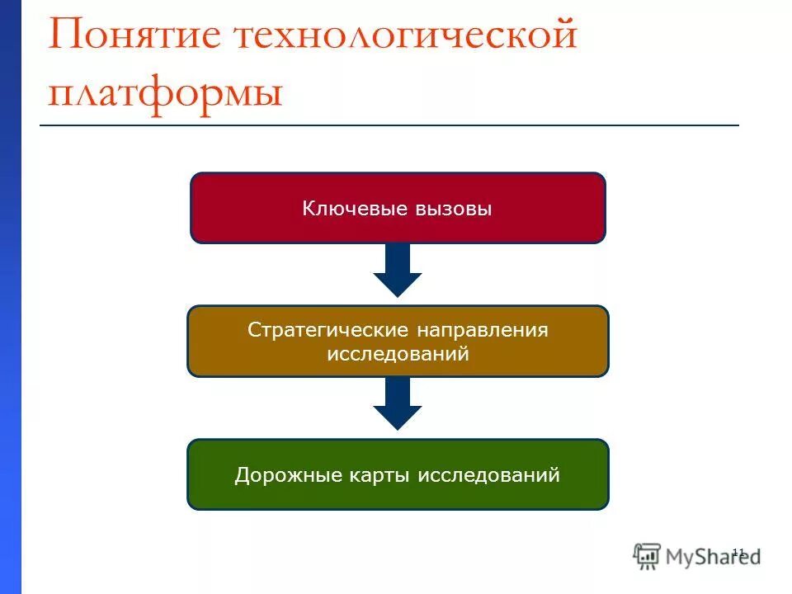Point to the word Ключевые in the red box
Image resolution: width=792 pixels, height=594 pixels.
click(346, 209)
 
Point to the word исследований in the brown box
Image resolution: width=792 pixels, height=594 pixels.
click(398, 354)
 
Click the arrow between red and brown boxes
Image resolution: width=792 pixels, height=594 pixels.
click(398, 271)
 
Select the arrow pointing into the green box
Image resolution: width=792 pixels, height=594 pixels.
click(398, 404)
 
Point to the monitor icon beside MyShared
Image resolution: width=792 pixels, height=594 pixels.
click(648, 556)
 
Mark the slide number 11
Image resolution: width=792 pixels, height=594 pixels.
click(738, 551)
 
